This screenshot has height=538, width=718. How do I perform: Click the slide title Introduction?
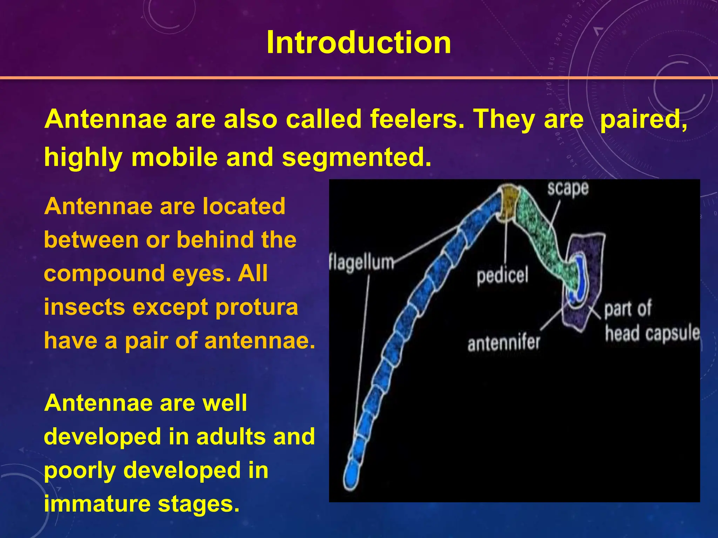click(x=359, y=43)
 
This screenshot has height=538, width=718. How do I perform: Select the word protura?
click(x=256, y=307)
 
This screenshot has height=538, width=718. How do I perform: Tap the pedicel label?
click(x=502, y=276)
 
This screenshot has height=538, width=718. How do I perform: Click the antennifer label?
click(x=504, y=342)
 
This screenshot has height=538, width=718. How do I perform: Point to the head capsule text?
click(x=652, y=333)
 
